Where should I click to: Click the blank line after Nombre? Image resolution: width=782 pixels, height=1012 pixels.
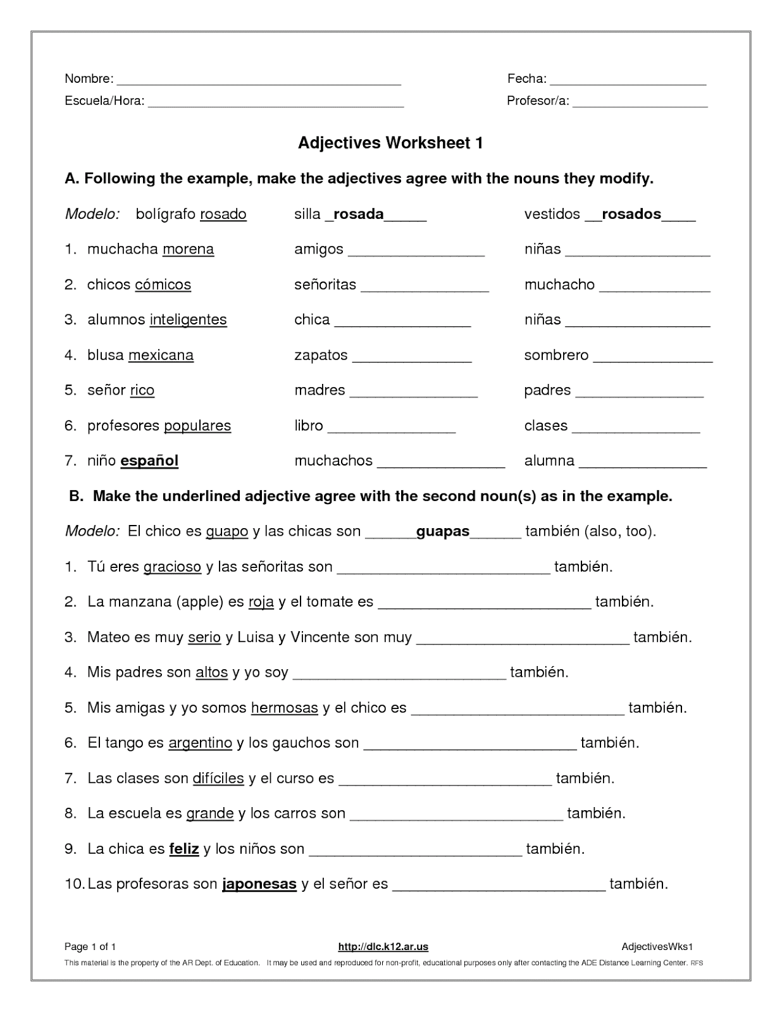tap(259, 81)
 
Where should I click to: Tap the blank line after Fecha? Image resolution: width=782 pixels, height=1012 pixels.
tap(628, 81)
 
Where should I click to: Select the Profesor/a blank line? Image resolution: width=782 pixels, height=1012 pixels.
tap(640, 103)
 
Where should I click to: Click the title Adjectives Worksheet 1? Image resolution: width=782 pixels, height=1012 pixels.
tap(390, 143)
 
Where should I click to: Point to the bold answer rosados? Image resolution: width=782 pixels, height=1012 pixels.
tap(631, 214)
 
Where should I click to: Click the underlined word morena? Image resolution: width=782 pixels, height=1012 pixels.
tap(188, 249)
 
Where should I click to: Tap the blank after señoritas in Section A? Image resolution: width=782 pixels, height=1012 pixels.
tap(425, 288)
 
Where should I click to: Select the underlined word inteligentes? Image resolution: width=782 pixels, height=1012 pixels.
tap(188, 320)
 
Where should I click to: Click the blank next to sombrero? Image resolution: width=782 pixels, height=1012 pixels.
tap(653, 359)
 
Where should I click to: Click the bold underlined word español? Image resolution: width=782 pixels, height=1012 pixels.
tap(149, 461)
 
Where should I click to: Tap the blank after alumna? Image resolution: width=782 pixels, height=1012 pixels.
tap(643, 464)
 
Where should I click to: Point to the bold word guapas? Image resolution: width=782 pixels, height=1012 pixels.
tap(443, 531)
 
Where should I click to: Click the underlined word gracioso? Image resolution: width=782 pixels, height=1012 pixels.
tap(172, 567)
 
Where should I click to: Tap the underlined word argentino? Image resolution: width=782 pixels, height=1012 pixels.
tap(200, 743)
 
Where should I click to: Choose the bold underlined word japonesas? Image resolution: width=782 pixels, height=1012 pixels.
tap(259, 884)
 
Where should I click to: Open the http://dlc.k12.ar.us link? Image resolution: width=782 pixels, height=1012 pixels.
tap(383, 947)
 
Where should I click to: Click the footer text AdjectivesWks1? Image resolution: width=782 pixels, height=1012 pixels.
tap(657, 947)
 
